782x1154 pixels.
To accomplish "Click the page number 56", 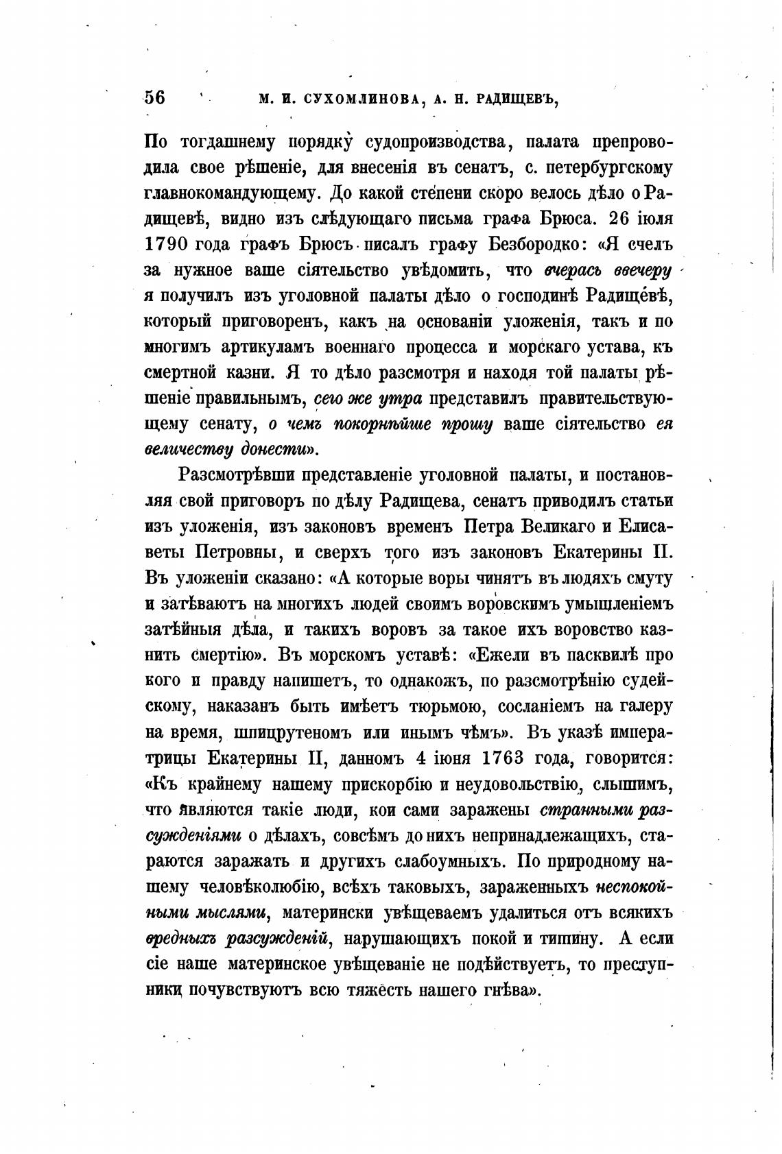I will (155, 98).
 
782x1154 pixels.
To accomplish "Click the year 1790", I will (166, 244).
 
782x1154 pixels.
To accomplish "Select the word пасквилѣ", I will (603, 655).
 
